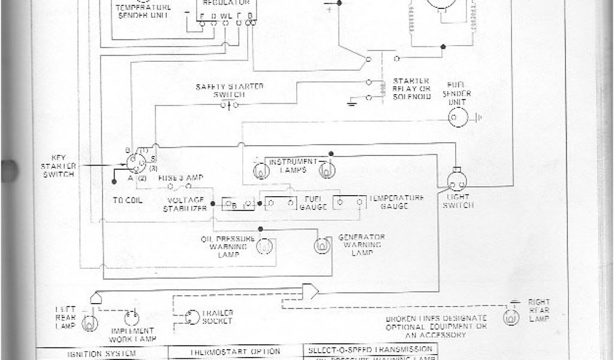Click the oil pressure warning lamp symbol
pos(265,245)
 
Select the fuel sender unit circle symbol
pos(460,116)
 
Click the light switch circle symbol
pos(459,180)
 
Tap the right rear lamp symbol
pos(511,316)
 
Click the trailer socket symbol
pos(192,317)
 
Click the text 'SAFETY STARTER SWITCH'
pos(230,91)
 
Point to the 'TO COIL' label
pos(127,200)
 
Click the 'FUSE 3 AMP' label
pos(180,179)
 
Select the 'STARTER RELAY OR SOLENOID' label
pos(411,89)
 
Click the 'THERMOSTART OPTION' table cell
pos(234,352)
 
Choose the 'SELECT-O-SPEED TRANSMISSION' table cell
pos(369,349)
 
